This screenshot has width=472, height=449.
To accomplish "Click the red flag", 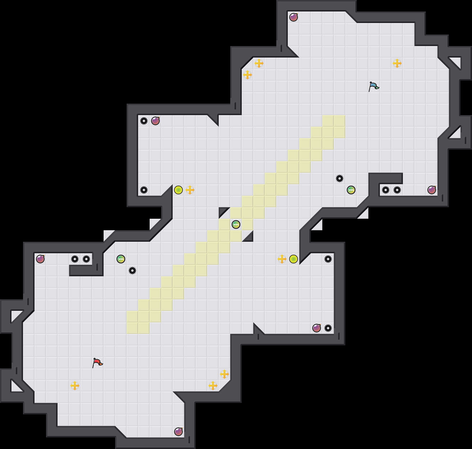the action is coord(97,363).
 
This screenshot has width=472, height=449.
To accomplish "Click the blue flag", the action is coord(374,86).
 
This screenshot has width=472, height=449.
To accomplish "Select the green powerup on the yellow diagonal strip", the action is coord(236,224).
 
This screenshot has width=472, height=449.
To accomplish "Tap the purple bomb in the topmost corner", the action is coord(294,17).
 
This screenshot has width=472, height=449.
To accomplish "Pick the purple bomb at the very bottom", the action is coord(178,432).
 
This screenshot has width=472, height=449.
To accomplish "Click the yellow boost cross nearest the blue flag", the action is coord(397,63).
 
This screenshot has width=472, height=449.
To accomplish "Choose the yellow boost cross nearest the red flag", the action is coord(75,386).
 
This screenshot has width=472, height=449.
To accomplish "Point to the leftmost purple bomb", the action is coord(40,259).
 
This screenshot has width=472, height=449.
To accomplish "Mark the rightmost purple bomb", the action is coord(432,190).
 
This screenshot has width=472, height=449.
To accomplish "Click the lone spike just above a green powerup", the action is coord(340,178).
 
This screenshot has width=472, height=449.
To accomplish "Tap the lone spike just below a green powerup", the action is coord(132,271).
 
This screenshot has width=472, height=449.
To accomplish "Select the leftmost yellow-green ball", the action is coord(178,190).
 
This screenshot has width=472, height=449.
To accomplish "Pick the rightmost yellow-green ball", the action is coord(294,259).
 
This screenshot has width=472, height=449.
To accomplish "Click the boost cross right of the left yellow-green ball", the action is coord(190,190).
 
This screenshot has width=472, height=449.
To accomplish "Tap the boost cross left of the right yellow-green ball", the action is coord(282,259).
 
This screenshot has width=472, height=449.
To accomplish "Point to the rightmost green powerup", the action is coord(351,190).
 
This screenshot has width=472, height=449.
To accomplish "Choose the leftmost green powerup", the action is coord(121,259).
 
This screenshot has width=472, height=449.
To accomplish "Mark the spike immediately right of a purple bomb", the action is coord(328,328).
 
